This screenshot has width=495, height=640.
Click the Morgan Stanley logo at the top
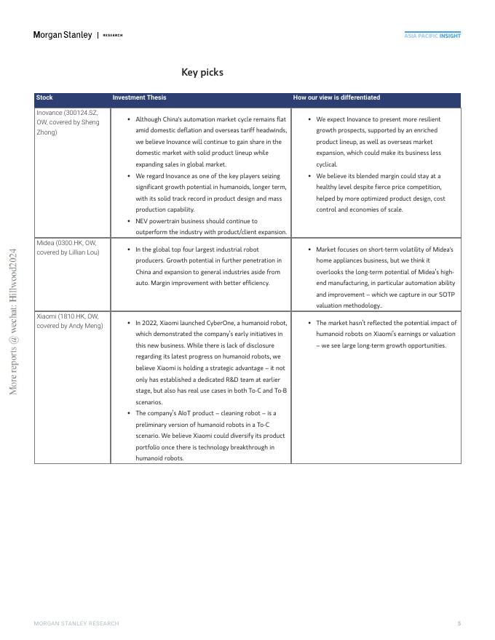[63, 35]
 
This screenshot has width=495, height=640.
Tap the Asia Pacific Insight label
[432, 35]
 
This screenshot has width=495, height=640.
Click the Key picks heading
[202, 72]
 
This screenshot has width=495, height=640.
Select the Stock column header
[44, 97]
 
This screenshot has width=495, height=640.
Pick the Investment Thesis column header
[139, 97]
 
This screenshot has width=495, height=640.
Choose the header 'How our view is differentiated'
[336, 97]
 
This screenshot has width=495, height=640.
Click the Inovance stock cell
[68, 122]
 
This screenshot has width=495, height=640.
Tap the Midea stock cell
[68, 247]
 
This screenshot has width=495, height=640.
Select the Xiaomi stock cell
[69, 321]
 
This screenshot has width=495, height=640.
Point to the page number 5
[459, 623]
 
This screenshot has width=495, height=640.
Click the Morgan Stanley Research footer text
[76, 623]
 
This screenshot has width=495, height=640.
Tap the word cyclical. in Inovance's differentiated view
[326, 164]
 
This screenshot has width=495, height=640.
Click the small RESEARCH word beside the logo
[113, 35]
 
